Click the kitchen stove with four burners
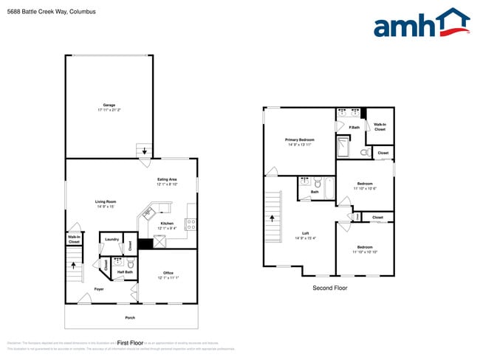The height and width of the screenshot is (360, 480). (191, 224)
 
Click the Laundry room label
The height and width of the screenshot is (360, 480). (112, 239)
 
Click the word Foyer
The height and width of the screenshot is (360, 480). (99, 289)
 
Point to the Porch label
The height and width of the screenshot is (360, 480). (130, 318)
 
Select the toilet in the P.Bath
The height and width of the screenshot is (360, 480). (364, 152)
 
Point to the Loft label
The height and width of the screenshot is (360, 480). (306, 235)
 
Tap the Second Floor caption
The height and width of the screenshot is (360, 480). (329, 288)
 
